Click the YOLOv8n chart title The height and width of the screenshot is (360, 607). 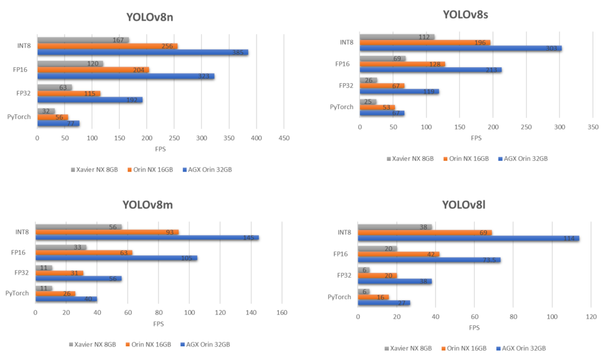150,17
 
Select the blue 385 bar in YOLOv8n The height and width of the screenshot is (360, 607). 143,52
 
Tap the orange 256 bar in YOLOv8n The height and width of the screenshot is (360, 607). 107,46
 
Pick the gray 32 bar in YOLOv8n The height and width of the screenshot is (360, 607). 46,111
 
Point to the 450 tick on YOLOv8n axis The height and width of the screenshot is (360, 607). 283,138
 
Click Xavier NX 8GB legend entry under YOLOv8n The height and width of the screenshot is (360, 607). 94,170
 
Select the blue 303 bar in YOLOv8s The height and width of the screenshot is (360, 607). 460,48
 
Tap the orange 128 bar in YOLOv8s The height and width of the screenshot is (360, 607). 402,64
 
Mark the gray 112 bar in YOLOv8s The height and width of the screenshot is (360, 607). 397,37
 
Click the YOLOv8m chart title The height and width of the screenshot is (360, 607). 147,205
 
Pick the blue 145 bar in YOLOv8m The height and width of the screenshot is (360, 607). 147,237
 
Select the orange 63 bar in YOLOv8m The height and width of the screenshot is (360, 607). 84,252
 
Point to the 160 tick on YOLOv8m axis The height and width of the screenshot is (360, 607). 281,313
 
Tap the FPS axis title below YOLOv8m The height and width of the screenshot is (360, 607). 159,323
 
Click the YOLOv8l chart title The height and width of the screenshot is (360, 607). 464,205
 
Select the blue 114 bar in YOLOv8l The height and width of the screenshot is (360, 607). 468,238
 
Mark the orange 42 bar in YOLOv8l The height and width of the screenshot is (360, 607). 398,254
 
